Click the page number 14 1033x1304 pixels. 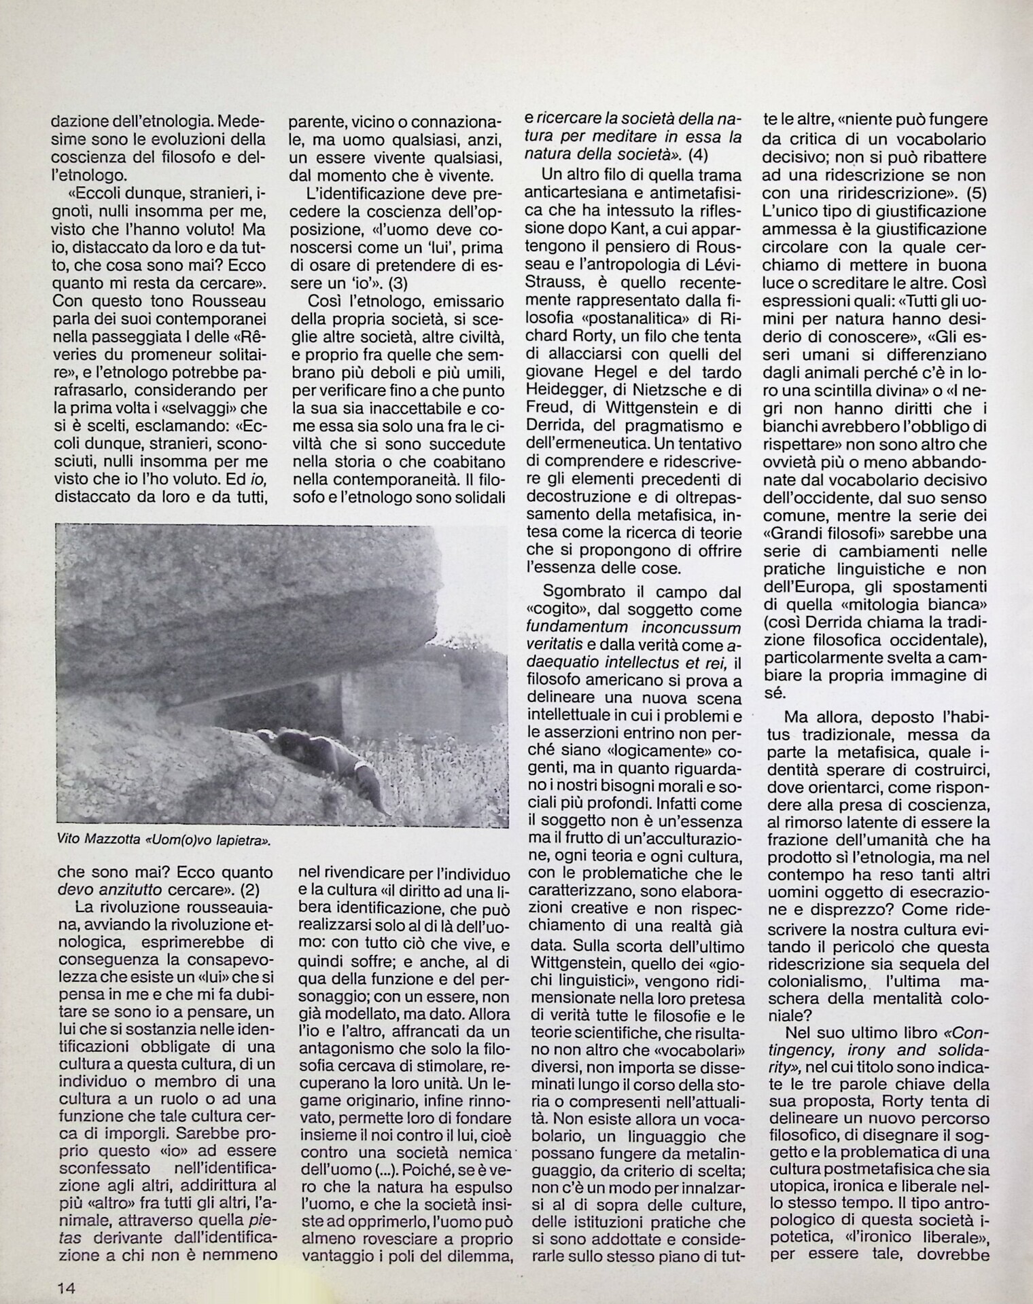[66, 1287]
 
